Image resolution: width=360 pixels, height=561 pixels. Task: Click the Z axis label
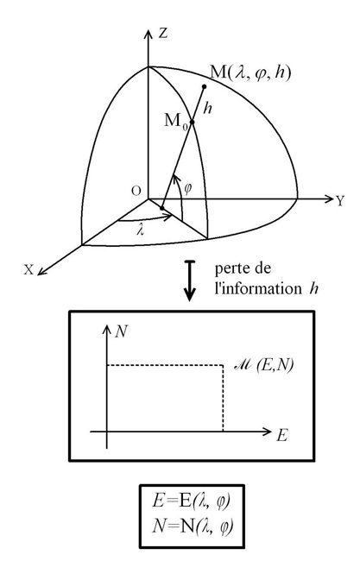163,34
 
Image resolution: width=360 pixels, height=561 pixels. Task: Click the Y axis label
339,201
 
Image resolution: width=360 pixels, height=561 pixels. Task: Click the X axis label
28,270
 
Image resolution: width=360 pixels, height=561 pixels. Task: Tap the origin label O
136,191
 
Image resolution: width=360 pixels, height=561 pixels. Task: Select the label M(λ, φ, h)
250,72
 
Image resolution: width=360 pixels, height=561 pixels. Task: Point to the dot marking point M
205,86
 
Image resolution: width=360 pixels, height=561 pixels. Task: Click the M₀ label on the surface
176,122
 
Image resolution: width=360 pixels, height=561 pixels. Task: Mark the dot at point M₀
192,123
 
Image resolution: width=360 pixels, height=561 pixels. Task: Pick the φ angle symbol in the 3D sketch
187,188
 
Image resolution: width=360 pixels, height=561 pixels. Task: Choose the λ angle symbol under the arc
141,230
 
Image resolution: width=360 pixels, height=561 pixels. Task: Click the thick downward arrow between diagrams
190,280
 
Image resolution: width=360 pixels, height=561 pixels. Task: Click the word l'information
258,288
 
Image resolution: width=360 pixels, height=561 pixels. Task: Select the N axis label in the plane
121,332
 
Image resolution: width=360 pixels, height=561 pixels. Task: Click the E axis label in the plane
281,436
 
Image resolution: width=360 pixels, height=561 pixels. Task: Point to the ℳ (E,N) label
263,365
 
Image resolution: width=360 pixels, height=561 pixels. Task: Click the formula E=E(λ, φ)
191,501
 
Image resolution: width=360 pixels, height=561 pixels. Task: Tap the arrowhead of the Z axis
148,33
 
